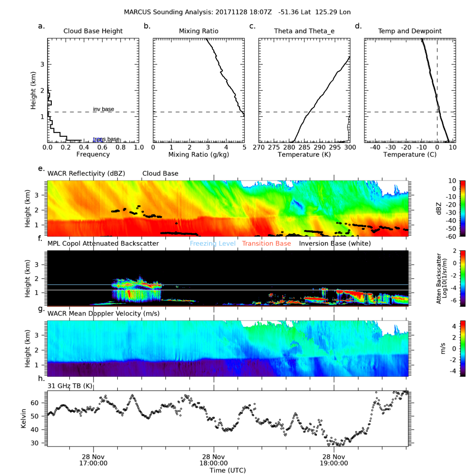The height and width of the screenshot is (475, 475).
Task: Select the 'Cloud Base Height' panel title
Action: [x=93, y=31]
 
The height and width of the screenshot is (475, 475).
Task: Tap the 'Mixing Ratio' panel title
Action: [x=199, y=31]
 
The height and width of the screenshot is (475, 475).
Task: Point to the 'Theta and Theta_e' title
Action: [x=304, y=31]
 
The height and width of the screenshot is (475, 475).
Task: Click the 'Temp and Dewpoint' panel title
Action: [x=409, y=31]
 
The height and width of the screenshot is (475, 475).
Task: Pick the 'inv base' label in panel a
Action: [x=103, y=109]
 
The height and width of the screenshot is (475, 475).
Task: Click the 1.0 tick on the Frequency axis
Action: [x=138, y=148]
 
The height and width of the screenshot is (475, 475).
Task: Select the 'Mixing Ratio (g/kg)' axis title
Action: [x=199, y=155]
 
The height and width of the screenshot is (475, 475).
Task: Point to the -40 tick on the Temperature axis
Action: [x=374, y=148]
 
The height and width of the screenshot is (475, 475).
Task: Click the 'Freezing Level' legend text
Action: [x=213, y=244]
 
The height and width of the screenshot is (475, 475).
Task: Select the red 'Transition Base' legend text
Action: [x=266, y=244]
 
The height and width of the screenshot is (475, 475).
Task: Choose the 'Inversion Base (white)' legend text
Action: [x=335, y=244]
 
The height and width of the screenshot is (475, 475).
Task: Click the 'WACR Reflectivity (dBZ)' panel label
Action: [x=86, y=173]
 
